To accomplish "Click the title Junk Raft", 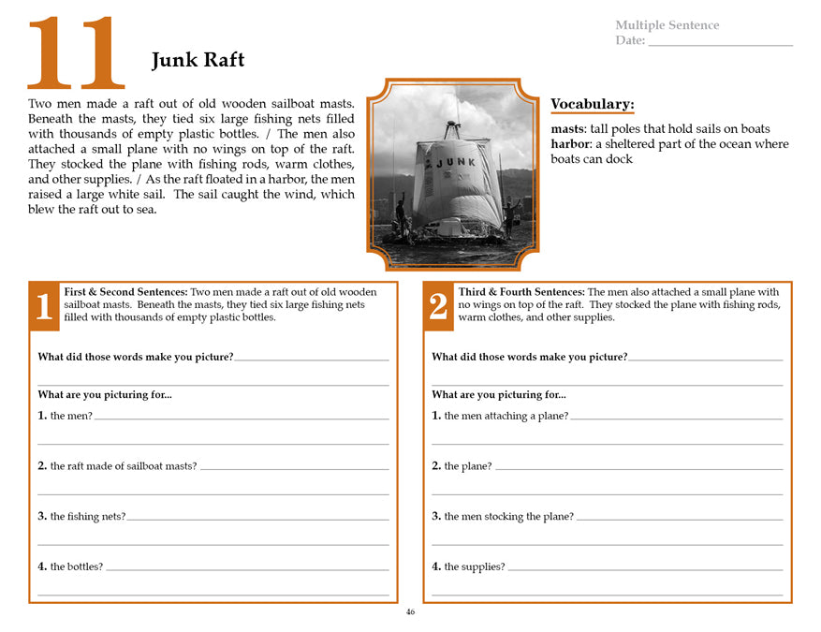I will tap(198, 61).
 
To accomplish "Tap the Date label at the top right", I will tap(630, 40).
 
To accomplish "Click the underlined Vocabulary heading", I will tap(592, 104).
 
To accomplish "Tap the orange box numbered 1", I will tap(44, 307).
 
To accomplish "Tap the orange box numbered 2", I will tap(438, 307).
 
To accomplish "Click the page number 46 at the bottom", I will tap(410, 612).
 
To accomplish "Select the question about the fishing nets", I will tap(81, 516).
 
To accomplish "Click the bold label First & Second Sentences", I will tap(125, 292).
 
